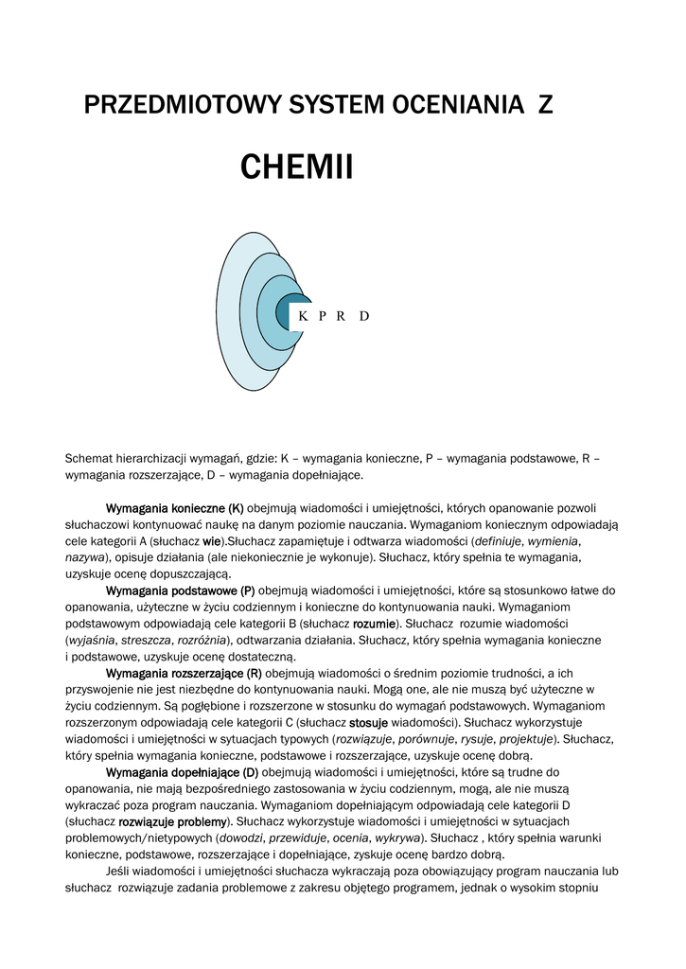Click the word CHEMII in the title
click(296, 167)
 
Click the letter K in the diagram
click(303, 316)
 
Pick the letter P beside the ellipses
click(323, 316)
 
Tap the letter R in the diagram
click(341, 316)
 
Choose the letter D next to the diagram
click(364, 316)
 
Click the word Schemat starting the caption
click(88, 459)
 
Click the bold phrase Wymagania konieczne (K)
click(175, 508)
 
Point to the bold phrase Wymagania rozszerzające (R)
click(184, 673)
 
